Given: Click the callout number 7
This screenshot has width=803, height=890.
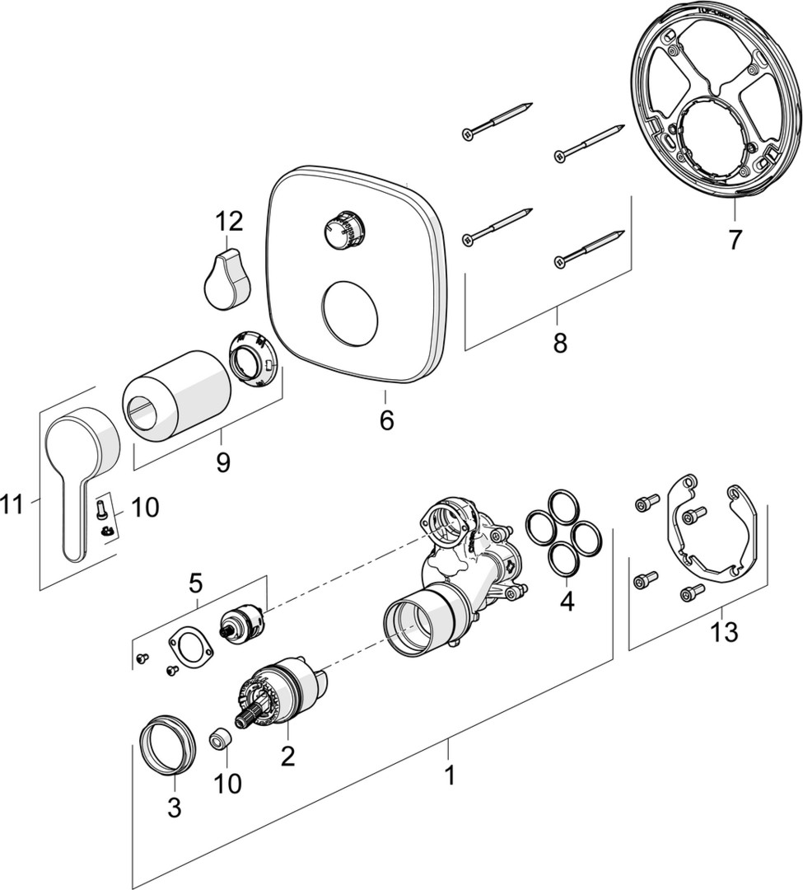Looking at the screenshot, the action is [735, 240].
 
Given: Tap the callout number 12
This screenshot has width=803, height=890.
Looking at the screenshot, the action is [228, 221].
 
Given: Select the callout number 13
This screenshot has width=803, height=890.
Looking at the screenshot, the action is [724, 632].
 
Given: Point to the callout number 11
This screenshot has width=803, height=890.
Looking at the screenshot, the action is [13, 504].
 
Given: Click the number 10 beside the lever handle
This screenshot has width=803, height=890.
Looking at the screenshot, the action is [145, 507].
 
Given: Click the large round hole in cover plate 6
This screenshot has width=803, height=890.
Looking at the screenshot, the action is [349, 312].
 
